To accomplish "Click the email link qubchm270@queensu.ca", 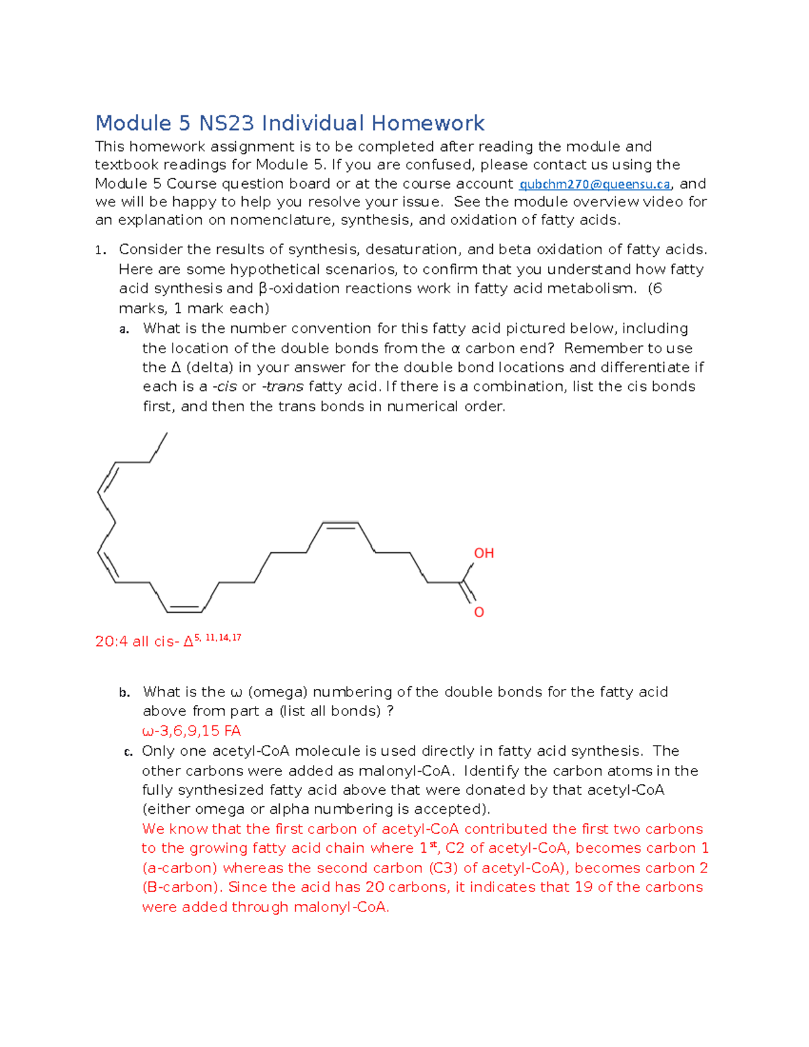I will tap(595, 184).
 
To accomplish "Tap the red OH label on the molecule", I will tap(483, 554).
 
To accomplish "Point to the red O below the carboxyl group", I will tap(479, 612).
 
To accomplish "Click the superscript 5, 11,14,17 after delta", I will tap(217, 638).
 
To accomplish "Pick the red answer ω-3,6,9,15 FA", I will tap(191, 731).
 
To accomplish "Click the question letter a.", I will tap(124, 330).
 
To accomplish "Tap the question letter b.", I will tap(124, 693).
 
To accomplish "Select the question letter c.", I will tap(127, 752).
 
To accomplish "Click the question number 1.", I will tap(100, 251).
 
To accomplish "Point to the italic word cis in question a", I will tap(225, 387).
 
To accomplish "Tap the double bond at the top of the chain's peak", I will tap(340, 525).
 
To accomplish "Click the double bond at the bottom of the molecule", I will tap(184, 609).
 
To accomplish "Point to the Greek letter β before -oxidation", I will tap(264, 289).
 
